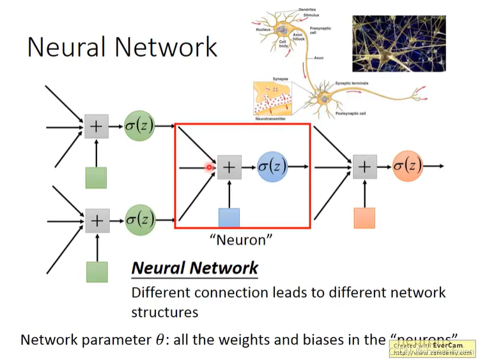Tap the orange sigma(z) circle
click(x=407, y=167)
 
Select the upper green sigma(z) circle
click(x=140, y=127)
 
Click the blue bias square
click(x=229, y=218)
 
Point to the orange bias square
click(x=364, y=218)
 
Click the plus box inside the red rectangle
click(x=229, y=168)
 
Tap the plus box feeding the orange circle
click(x=364, y=167)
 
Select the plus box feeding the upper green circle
click(x=96, y=127)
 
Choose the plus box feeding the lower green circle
click(x=96, y=221)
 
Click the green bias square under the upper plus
click(x=96, y=177)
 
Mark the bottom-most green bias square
click(x=96, y=271)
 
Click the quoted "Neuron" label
click(x=242, y=240)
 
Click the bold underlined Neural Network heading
click(x=194, y=268)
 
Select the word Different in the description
click(x=160, y=293)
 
